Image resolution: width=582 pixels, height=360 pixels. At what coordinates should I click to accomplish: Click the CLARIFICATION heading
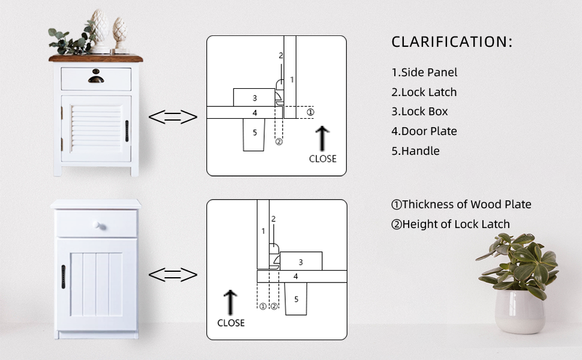coord(452,42)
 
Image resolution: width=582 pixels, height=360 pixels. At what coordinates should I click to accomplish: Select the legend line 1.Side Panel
coord(424,73)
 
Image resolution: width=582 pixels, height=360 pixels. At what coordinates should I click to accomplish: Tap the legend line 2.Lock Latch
coord(424,92)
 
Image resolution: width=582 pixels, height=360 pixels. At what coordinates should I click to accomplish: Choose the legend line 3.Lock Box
coord(420,112)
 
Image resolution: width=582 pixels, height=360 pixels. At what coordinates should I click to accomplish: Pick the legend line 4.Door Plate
coord(424,131)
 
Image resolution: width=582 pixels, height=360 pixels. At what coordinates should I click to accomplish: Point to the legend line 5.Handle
coord(416,151)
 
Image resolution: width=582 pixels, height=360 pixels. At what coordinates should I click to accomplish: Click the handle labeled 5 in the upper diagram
coord(254,134)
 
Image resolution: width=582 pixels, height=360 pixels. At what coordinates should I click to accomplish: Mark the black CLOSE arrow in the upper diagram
coord(322,137)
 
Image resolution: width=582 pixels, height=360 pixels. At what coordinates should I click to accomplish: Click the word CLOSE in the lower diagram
coord(231,323)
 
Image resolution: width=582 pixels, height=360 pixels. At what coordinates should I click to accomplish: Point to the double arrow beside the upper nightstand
coord(173,117)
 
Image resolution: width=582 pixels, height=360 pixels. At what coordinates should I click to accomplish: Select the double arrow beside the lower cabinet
coord(173,275)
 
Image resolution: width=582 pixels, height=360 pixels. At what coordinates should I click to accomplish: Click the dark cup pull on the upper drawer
coord(96,78)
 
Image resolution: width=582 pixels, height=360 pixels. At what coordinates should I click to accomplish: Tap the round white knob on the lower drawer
coord(97,226)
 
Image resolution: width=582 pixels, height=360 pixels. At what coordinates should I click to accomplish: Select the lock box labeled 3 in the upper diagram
coord(254,97)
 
